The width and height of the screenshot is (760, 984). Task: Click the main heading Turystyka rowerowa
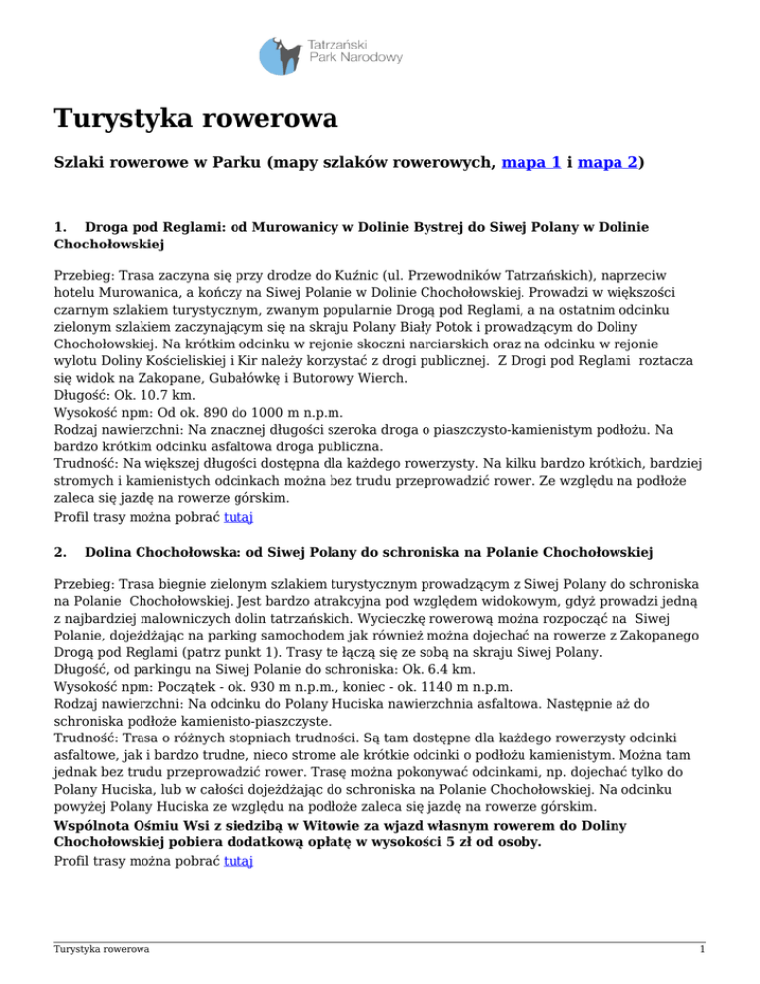coord(196,121)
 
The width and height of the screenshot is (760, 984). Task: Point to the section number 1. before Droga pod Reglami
coord(61,227)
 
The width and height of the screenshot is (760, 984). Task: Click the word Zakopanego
coord(638,637)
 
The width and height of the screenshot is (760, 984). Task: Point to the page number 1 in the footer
coord(701,949)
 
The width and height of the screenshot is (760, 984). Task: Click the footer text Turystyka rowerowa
coord(102,950)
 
